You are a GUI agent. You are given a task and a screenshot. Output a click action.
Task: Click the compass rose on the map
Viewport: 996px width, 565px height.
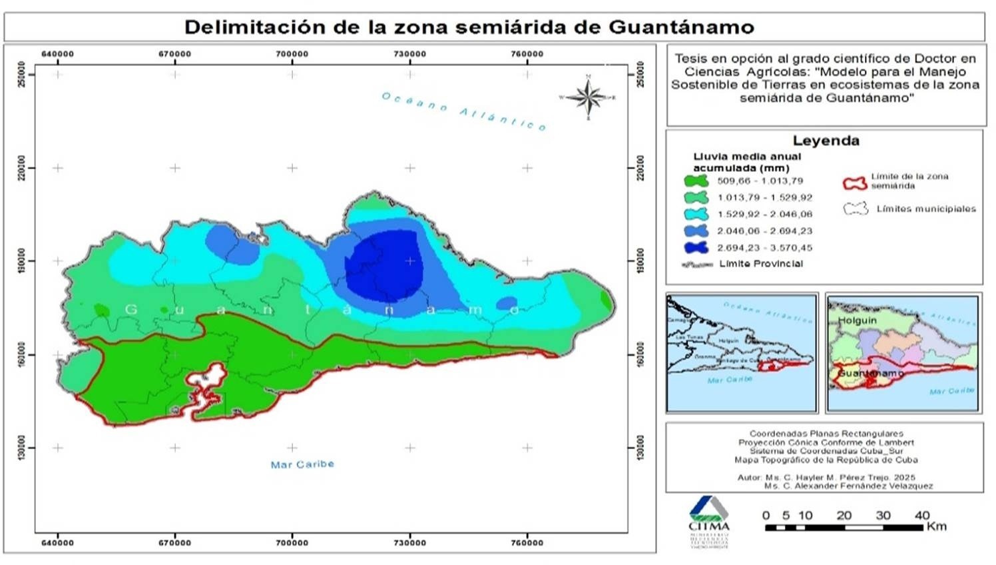pos(588,97)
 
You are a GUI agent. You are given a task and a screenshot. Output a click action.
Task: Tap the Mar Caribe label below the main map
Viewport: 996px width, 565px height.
pos(302,464)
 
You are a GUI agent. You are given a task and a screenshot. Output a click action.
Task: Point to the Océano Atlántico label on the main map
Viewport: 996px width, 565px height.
pos(464,111)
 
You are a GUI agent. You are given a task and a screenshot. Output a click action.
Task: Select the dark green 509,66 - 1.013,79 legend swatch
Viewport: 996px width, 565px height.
pos(696,181)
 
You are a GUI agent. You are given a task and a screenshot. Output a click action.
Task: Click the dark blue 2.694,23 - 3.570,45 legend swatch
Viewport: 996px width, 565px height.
pos(696,247)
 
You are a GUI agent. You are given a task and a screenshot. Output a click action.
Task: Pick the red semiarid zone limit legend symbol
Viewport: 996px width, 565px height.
pos(855,183)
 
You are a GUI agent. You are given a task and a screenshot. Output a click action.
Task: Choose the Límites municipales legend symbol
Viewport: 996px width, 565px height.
pos(856,209)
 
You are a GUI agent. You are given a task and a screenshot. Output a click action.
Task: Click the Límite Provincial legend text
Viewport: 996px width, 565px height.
pos(761,264)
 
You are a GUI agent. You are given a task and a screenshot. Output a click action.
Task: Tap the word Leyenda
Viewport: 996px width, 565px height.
pos(826,141)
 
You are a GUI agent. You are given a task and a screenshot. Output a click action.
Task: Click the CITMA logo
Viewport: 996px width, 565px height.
pos(708,520)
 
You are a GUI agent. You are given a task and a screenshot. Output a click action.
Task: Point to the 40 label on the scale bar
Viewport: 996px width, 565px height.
pos(921,515)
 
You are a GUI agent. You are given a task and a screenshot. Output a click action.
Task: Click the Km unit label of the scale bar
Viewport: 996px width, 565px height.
pos(936,526)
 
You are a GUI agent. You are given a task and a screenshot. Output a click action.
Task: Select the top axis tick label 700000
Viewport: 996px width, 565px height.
pos(292,54)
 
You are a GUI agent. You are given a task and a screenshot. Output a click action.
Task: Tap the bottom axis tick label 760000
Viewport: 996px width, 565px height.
pos(527,543)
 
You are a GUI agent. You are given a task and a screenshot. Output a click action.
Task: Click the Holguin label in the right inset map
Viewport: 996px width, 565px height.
pos(857,320)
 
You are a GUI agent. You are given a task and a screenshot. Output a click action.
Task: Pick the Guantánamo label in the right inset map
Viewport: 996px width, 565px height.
pos(870,373)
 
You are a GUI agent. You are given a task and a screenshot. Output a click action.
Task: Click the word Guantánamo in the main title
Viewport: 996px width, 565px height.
pos(681,27)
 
